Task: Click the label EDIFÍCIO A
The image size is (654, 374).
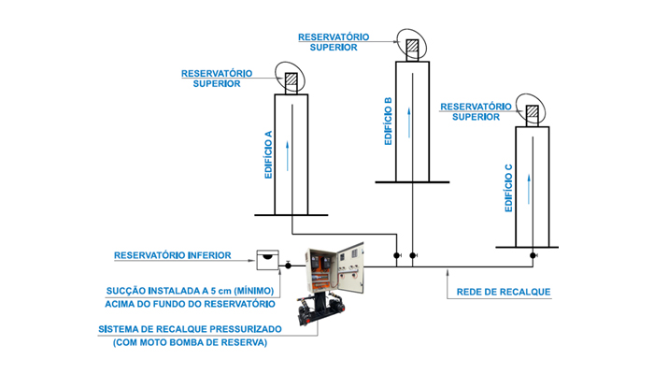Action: pyautogui.click(x=268, y=155)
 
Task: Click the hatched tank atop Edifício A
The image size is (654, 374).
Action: pyautogui.click(x=291, y=81)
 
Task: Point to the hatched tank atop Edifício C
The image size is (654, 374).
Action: pyautogui.click(x=533, y=114)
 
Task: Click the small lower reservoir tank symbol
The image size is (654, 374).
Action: pyautogui.click(x=268, y=254)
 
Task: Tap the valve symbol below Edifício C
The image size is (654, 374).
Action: pyautogui.click(x=533, y=254)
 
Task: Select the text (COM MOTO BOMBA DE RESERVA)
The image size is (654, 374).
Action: pyautogui.click(x=190, y=342)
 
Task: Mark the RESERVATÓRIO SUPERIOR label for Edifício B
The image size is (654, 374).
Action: pyautogui.click(x=334, y=41)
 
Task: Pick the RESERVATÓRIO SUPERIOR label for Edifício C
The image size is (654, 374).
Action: pyautogui.click(x=474, y=112)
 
